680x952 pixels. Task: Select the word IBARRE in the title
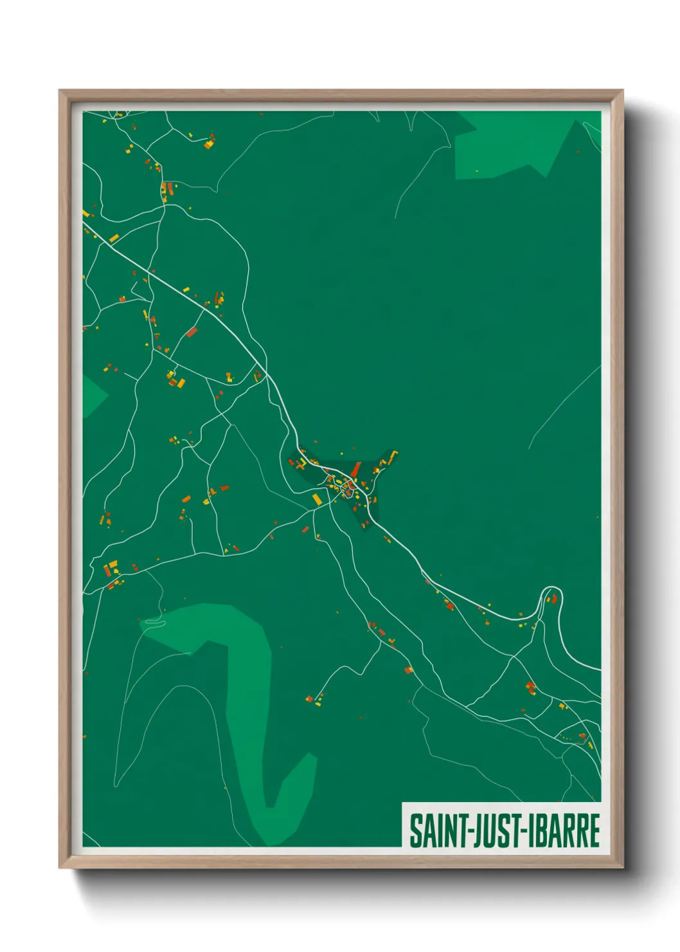point(563,830)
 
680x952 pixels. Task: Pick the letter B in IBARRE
point(540,830)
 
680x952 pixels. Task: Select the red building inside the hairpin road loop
point(552,600)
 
